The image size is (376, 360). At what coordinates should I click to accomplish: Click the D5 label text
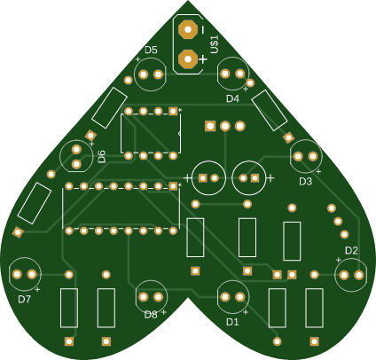tap(151, 51)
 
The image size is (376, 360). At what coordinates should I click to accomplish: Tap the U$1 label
tap(215, 44)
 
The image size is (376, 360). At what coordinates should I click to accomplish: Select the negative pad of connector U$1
tap(188, 29)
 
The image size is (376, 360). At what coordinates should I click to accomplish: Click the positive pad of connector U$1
tap(188, 59)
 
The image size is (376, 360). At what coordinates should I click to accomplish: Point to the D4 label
tap(232, 98)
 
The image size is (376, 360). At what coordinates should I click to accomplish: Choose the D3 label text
tap(306, 182)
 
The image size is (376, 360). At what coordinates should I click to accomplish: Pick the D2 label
tap(351, 251)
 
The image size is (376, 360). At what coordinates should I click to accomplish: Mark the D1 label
tap(232, 322)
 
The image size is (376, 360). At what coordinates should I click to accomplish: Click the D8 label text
tap(151, 315)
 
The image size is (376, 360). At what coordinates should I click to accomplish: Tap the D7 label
tap(24, 300)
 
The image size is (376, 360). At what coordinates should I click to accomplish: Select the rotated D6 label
tap(102, 156)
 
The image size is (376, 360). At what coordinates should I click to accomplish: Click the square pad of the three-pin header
tap(210, 126)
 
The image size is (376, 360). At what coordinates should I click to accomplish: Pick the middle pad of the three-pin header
tap(225, 126)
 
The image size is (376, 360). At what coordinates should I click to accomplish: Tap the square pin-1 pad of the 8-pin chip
tap(173, 111)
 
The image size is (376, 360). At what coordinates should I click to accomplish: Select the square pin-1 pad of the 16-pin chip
tap(173, 186)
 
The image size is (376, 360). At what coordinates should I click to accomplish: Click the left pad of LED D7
tap(17, 274)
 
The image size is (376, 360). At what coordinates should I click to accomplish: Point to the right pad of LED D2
tap(359, 275)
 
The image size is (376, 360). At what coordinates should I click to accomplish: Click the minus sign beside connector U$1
tap(203, 29)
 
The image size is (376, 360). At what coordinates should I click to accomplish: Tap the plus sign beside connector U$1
tap(203, 59)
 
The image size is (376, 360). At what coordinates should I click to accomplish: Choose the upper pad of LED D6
tap(76, 150)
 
